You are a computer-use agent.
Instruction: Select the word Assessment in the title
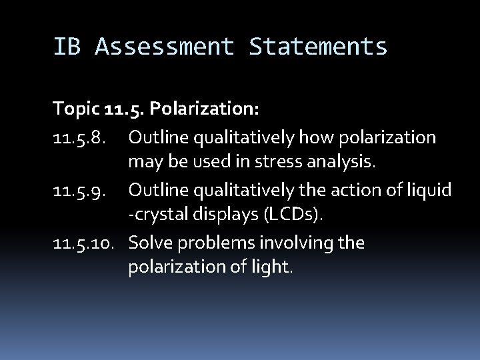(165, 47)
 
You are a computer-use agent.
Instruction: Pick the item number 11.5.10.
(85, 243)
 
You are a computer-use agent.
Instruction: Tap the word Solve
(151, 243)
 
